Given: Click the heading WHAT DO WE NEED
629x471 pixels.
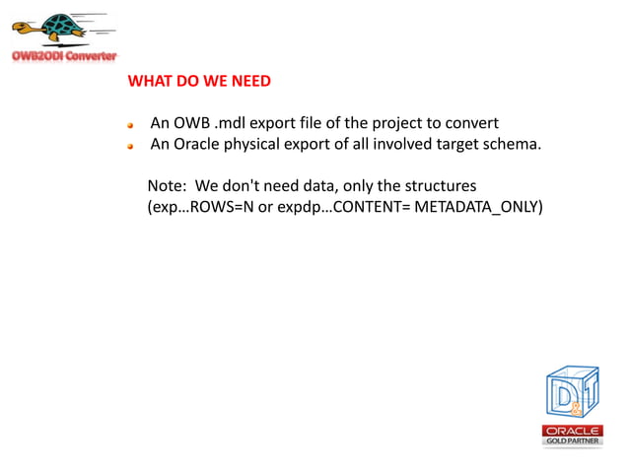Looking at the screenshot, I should pyautogui.click(x=199, y=81).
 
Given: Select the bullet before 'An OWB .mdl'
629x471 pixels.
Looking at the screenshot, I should pyautogui.click(x=129, y=125).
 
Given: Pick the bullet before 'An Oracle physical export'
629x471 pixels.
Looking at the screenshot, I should pyautogui.click(x=129, y=147).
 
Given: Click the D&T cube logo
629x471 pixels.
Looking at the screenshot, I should pyautogui.click(x=573, y=392).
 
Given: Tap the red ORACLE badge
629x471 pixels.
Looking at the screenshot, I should pyautogui.click(x=573, y=430).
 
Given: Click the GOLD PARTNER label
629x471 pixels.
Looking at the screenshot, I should pyautogui.click(x=573, y=440).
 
